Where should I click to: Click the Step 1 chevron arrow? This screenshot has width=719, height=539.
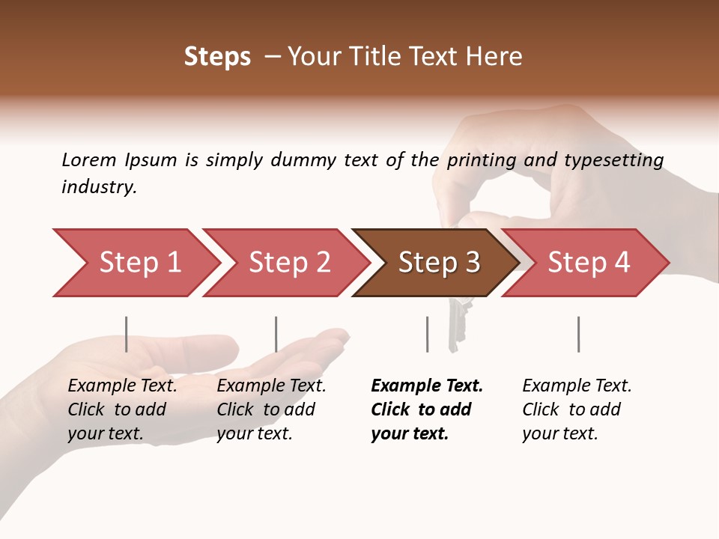[135, 263]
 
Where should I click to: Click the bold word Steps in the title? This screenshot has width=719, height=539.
[217, 57]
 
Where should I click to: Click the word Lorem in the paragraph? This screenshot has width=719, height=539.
[89, 159]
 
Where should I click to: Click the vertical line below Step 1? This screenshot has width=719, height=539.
[127, 334]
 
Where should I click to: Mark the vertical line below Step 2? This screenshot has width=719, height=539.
[276, 334]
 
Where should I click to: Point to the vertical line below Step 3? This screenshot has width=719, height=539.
[427, 334]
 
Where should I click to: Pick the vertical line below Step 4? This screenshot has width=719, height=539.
[578, 334]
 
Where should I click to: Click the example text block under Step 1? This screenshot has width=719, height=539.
[122, 409]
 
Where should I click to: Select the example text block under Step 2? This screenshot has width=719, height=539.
[271, 409]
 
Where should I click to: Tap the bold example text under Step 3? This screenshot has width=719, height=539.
[426, 409]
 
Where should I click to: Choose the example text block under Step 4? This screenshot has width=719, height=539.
[577, 409]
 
